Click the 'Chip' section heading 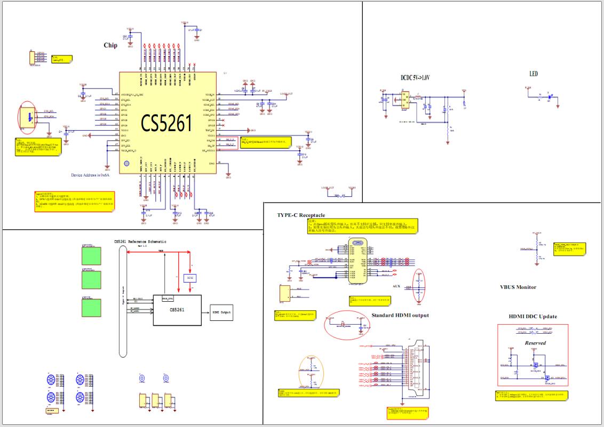coord(110,45)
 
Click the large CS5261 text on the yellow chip coord(166,123)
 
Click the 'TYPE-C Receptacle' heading coord(300,215)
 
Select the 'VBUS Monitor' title coord(518,287)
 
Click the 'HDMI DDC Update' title coord(533,317)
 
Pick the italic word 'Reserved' coord(535,343)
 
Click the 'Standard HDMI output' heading coord(400,315)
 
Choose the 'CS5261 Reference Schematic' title coord(140,241)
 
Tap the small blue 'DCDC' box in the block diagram coord(190,278)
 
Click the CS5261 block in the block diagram coord(177,310)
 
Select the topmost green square coord(90,255)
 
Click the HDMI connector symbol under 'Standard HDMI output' coord(412,372)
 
